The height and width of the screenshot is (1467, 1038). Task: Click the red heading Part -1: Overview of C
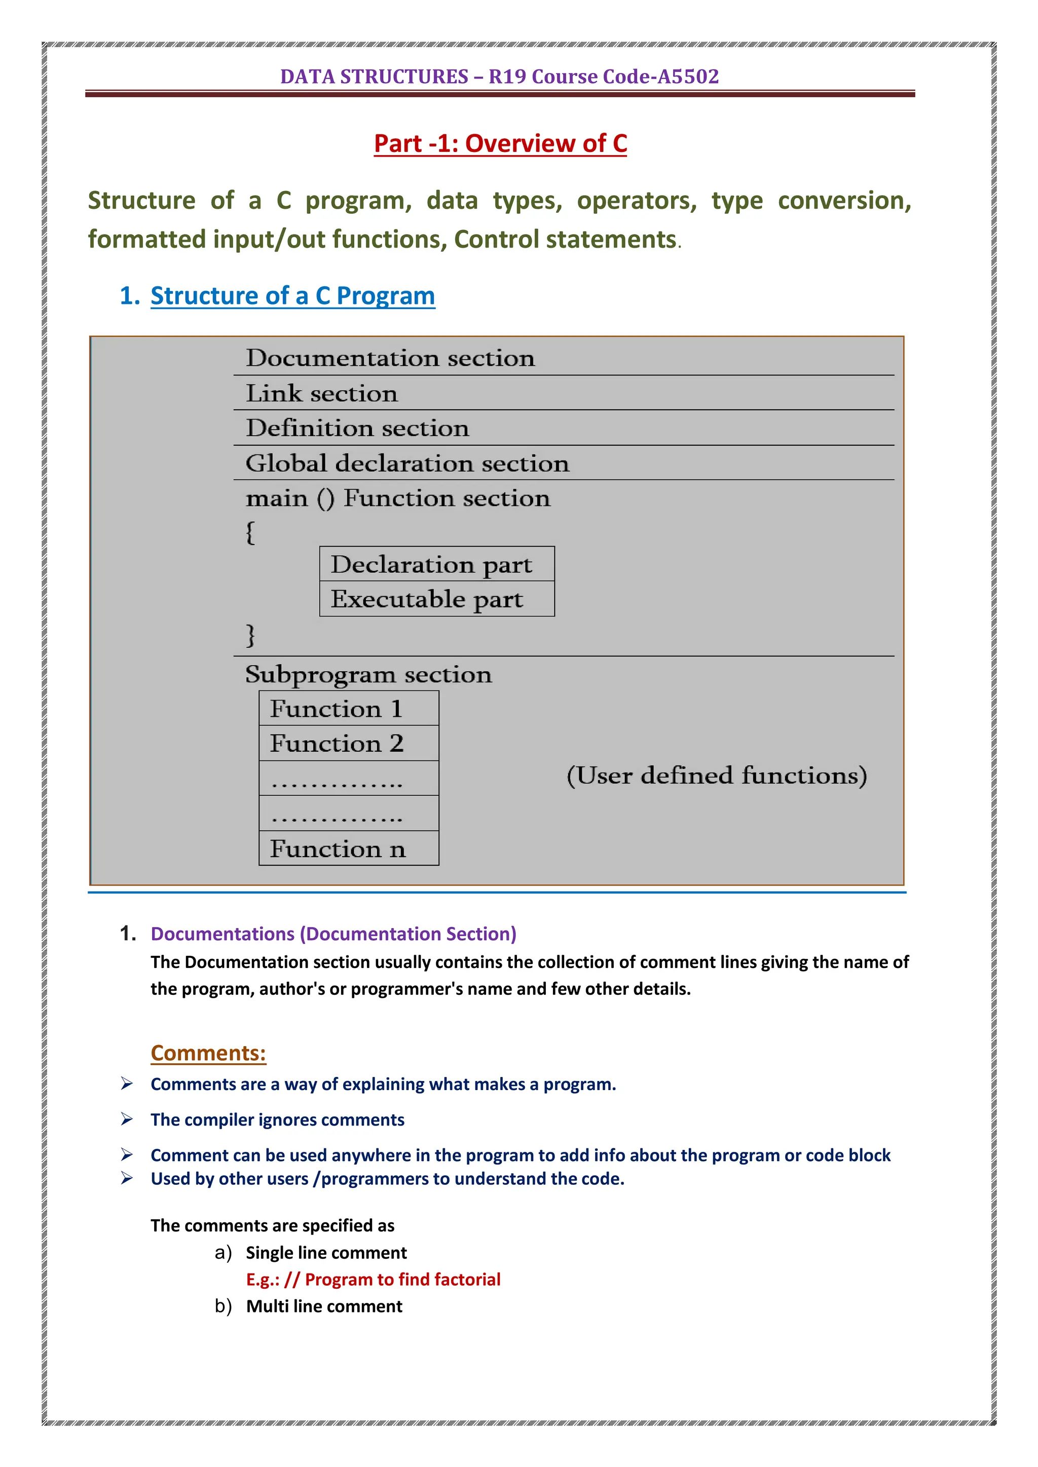(x=500, y=143)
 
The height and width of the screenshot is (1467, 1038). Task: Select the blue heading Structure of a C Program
(x=293, y=296)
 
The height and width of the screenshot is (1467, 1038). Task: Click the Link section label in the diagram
(x=321, y=394)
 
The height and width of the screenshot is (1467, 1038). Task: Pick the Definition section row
(x=357, y=428)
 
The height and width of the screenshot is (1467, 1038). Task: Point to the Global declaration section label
(x=407, y=463)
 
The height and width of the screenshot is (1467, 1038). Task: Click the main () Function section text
(x=397, y=498)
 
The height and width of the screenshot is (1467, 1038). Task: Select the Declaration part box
(x=436, y=564)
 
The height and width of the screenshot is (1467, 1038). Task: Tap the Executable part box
(x=436, y=599)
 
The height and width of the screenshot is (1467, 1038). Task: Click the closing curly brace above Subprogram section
(x=250, y=635)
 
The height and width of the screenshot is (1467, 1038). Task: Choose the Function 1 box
(x=348, y=709)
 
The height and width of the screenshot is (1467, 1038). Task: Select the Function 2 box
(x=348, y=744)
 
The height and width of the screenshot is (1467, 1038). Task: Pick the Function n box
(x=348, y=849)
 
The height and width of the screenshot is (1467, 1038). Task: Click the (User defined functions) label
(x=717, y=776)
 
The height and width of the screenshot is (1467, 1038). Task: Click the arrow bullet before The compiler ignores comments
(x=127, y=1119)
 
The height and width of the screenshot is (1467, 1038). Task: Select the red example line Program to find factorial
(x=373, y=1279)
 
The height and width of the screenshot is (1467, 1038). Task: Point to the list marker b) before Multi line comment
(x=223, y=1306)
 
